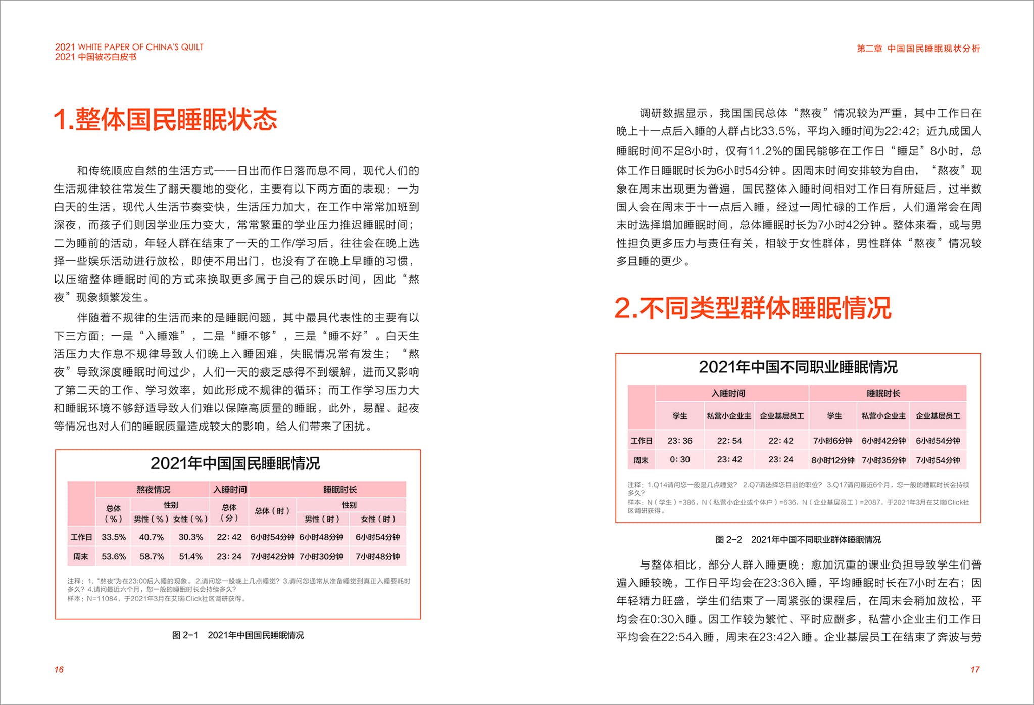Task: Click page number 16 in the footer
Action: [x=59, y=669]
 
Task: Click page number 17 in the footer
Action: [x=975, y=669]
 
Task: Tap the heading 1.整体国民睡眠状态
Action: [x=166, y=120]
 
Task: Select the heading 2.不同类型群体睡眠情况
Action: [x=753, y=308]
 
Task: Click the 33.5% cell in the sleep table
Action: [x=114, y=537]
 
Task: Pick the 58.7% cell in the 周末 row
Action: [x=152, y=556]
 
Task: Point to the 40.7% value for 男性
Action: [x=152, y=537]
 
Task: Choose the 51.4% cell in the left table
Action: [x=190, y=556]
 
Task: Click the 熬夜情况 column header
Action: [x=153, y=489]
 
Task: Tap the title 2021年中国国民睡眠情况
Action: [x=235, y=463]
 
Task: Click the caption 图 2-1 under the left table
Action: [x=238, y=635]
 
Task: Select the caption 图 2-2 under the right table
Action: [x=798, y=540]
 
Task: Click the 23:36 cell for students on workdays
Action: [x=680, y=441]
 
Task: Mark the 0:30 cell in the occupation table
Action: [x=680, y=459]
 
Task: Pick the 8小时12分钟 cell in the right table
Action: [x=833, y=460]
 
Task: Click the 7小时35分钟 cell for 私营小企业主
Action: [x=883, y=460]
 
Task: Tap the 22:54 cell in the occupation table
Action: [x=729, y=441]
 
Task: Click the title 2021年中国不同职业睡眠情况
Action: [x=798, y=367]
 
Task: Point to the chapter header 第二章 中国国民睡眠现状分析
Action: [x=918, y=49]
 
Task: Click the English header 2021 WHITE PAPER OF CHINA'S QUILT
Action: [x=129, y=47]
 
